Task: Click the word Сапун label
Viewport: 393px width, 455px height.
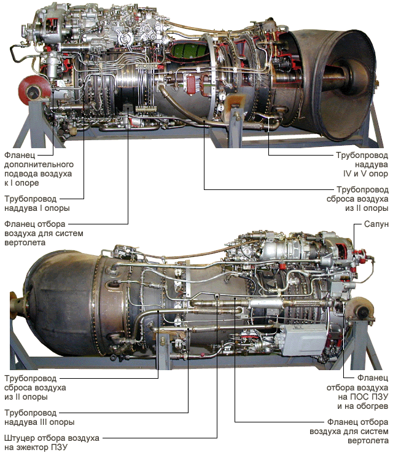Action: click(376, 224)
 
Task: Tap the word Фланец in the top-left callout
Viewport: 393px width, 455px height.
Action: click(20, 155)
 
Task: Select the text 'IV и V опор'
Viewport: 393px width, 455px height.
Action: click(365, 173)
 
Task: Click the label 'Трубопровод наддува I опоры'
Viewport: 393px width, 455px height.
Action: click(37, 204)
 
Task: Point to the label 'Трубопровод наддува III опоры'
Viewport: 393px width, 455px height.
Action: click(39, 417)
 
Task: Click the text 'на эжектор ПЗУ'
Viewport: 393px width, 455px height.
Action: click(36, 447)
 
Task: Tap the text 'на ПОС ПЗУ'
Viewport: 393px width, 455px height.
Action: click(363, 397)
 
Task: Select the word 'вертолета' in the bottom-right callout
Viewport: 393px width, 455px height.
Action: click(368, 440)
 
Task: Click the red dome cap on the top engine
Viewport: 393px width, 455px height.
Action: click(33, 90)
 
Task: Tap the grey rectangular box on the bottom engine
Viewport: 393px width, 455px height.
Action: click(302, 339)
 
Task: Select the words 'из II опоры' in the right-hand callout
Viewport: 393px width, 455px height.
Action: click(367, 208)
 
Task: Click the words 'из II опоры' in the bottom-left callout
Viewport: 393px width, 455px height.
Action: click(26, 397)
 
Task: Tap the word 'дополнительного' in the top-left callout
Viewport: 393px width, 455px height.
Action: click(39, 165)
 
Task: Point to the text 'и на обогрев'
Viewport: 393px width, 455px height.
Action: click(362, 406)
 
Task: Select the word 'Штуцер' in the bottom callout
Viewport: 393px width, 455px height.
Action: click(20, 438)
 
